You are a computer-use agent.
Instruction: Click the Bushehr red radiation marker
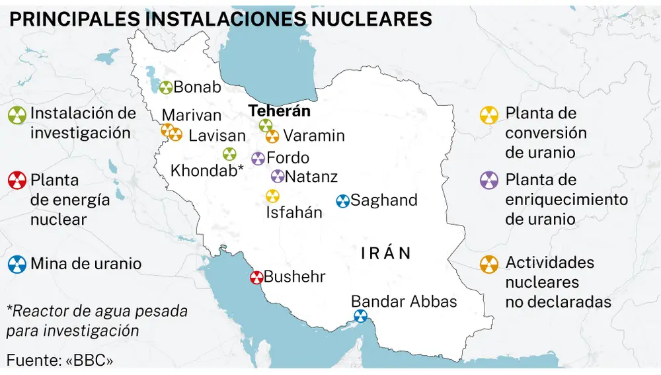[256, 278]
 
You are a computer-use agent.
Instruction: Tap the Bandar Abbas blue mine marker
[360, 316]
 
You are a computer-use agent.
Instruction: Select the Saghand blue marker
[342, 201]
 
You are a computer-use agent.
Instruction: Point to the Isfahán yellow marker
[272, 196]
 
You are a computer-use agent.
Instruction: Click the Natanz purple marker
[278, 177]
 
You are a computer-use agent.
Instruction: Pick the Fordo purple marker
[258, 159]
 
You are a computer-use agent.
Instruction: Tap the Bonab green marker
[165, 87]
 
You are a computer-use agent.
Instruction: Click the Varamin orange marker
[272, 136]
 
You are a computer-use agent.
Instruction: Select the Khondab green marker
[229, 154]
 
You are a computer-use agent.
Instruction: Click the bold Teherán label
[280, 112]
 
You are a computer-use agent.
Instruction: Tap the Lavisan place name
[217, 136]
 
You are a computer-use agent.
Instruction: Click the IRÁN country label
[387, 253]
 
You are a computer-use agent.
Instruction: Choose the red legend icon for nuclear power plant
[17, 181]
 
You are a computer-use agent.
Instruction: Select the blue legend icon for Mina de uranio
[17, 265]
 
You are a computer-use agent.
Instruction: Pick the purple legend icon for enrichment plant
[489, 181]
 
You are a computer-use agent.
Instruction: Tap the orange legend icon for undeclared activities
[489, 265]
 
